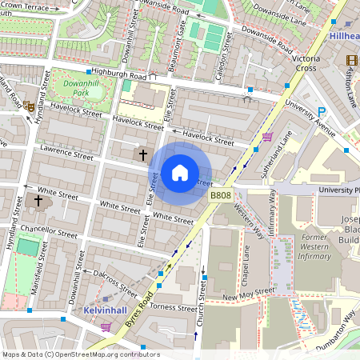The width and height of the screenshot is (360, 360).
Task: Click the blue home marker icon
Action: click(x=180, y=172)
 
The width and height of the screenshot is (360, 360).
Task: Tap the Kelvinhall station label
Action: click(x=106, y=309)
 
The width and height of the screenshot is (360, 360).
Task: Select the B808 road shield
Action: click(x=222, y=195)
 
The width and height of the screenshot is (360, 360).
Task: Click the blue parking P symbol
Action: click(x=322, y=112)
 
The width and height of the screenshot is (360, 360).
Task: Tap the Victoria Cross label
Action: click(x=306, y=64)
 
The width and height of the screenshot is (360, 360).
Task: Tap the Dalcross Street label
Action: click(x=114, y=278)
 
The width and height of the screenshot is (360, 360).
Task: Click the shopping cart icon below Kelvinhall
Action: click(x=106, y=326)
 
